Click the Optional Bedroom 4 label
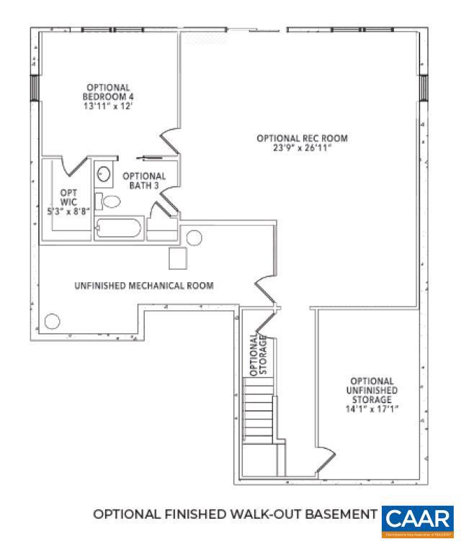point(108,92)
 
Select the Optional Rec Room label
point(302,138)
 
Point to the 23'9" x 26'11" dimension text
point(302,148)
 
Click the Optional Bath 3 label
point(143,181)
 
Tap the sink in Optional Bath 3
point(104,175)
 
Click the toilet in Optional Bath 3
point(109,201)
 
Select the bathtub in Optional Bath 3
point(118,230)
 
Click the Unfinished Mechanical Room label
point(143,286)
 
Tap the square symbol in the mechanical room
point(177,258)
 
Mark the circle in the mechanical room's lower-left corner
point(53,321)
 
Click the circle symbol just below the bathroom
point(194,238)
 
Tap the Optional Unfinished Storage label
point(372,391)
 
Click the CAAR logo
point(419,520)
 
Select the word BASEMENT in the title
point(339,514)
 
